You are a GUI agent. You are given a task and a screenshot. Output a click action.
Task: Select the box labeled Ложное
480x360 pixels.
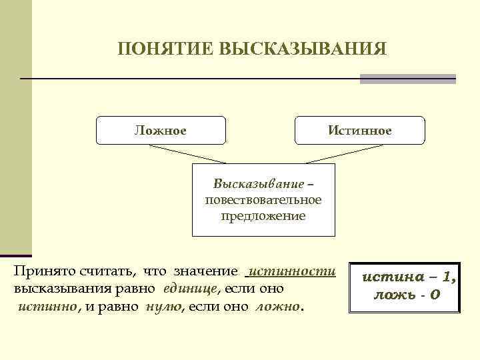(x=161, y=130)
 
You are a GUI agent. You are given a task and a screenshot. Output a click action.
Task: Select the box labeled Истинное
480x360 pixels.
(x=359, y=130)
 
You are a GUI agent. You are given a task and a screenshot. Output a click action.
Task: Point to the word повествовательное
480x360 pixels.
(x=263, y=199)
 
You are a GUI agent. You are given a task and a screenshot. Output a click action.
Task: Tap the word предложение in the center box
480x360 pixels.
(x=263, y=216)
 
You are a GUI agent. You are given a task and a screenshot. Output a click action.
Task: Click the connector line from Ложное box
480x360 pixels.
(x=193, y=154)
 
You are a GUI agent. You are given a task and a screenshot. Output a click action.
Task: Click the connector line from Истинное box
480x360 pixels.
(x=333, y=154)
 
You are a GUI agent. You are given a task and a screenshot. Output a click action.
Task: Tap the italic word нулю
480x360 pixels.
(x=164, y=307)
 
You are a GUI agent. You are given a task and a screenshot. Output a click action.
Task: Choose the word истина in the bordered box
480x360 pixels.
(x=388, y=277)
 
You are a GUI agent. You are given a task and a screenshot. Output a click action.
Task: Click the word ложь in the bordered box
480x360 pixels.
(x=387, y=294)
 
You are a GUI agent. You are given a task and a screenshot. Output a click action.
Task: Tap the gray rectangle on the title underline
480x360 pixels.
(x=407, y=79)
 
